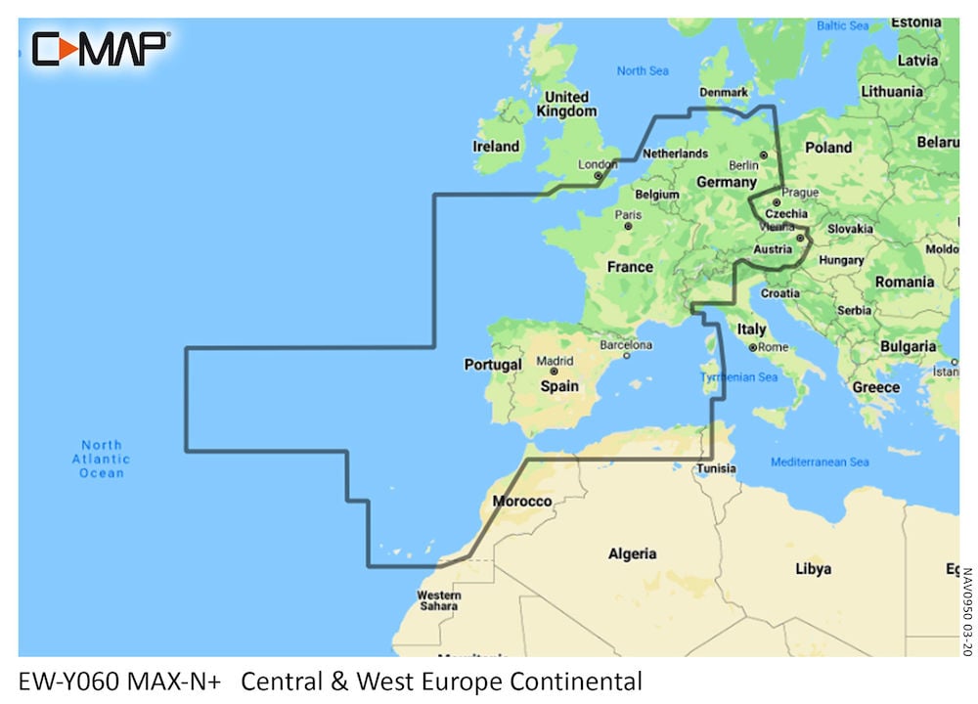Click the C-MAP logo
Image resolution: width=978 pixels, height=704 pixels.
click(x=101, y=48)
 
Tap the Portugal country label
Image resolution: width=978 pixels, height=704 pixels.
click(x=492, y=365)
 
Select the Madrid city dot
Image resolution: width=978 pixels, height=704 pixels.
click(x=554, y=373)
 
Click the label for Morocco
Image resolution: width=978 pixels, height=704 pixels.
click(x=521, y=501)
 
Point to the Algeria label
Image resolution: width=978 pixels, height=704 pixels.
click(x=632, y=553)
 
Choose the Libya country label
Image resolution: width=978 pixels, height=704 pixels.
click(x=813, y=568)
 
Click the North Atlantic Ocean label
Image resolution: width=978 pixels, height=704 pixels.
click(x=101, y=459)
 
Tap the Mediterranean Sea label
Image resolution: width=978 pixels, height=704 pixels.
click(x=820, y=462)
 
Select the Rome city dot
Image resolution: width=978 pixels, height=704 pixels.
click(x=752, y=347)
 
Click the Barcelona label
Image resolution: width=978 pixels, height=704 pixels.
click(x=625, y=345)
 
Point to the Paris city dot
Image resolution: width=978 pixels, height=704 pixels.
click(x=626, y=228)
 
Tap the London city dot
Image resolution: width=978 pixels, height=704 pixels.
click(x=598, y=177)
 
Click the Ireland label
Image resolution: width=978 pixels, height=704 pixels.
click(x=496, y=147)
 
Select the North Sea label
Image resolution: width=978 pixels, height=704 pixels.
click(x=643, y=70)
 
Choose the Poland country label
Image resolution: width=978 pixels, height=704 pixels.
click(x=827, y=148)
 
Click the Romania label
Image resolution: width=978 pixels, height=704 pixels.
click(x=905, y=282)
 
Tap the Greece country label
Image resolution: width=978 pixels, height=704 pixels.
click(x=875, y=387)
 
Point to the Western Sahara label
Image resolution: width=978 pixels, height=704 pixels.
click(x=438, y=600)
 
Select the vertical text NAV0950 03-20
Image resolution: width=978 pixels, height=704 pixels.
click(x=967, y=612)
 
